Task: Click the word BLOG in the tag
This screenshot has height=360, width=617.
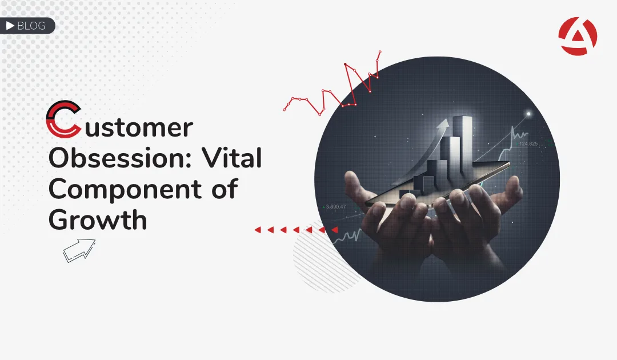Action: (31, 26)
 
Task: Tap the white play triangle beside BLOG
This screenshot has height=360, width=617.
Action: (10, 26)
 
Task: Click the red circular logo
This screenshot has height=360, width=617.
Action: (578, 36)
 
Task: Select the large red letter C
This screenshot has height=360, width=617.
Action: (63, 119)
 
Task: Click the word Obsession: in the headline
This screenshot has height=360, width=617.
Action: (120, 158)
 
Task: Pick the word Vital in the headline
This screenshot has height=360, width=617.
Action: (232, 158)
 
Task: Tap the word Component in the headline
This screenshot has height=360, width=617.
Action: (125, 190)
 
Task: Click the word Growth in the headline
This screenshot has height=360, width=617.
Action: (98, 219)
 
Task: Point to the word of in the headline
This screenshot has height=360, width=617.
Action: (225, 189)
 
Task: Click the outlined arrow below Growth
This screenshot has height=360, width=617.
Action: (79, 250)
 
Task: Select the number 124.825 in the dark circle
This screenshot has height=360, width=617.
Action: (528, 143)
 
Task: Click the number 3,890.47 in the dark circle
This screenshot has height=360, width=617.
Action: (335, 206)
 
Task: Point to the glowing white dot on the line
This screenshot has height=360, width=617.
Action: (528, 114)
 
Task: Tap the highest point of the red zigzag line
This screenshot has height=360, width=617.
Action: (380, 51)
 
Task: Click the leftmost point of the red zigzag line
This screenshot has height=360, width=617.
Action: (284, 109)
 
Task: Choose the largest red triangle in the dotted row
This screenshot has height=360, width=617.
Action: (334, 229)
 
